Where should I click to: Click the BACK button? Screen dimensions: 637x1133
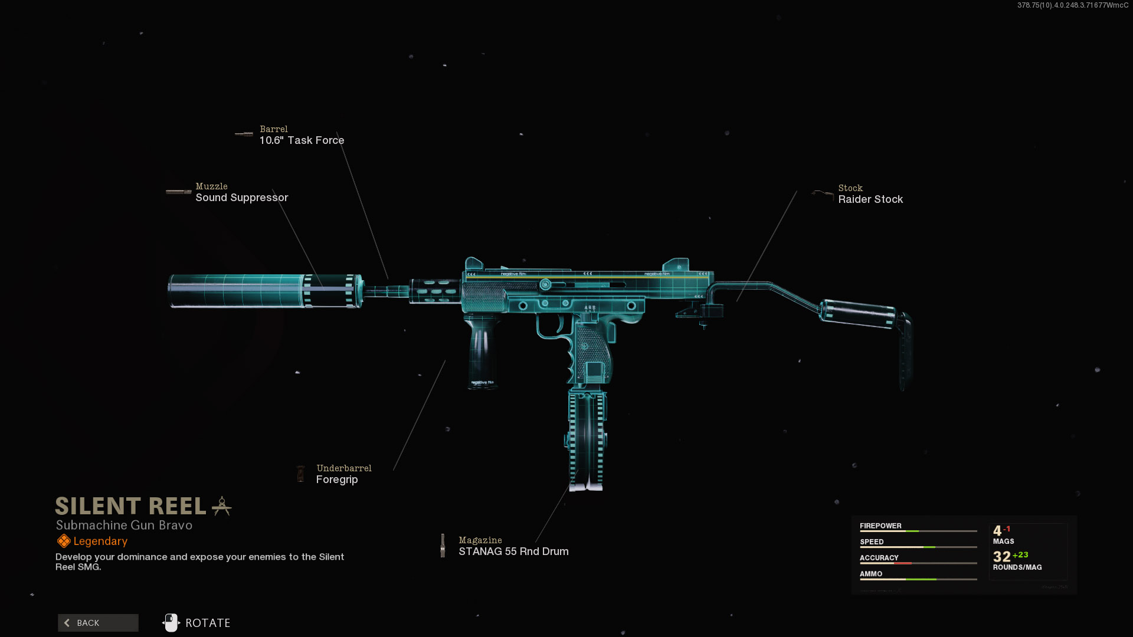tap(98, 623)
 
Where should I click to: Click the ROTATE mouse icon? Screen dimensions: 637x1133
tap(171, 623)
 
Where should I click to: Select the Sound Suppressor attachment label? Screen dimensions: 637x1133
tap(241, 198)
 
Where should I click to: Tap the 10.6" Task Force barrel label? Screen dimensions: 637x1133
tap(302, 140)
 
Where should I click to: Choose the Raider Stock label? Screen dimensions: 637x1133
tap(870, 199)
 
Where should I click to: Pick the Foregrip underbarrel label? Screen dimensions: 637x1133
tap(337, 480)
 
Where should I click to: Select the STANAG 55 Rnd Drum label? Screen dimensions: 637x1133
tap(513, 551)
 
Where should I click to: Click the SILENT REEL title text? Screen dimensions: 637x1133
tap(130, 506)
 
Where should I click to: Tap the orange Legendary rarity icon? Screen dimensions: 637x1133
tap(64, 541)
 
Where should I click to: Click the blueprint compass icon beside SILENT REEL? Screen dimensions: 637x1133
tap(222, 506)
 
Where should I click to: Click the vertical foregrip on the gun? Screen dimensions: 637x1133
tap(483, 351)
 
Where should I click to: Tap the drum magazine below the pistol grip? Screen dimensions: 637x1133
tap(587, 439)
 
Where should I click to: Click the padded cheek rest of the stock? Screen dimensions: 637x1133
tap(859, 313)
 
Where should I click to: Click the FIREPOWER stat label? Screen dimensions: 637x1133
tap(880, 526)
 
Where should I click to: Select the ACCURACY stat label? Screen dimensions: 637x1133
tap(879, 557)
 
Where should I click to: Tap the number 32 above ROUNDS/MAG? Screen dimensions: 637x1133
tap(1001, 557)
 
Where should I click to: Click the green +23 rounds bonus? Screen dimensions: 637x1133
tap(1020, 555)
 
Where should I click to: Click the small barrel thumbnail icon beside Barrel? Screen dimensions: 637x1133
tap(244, 134)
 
